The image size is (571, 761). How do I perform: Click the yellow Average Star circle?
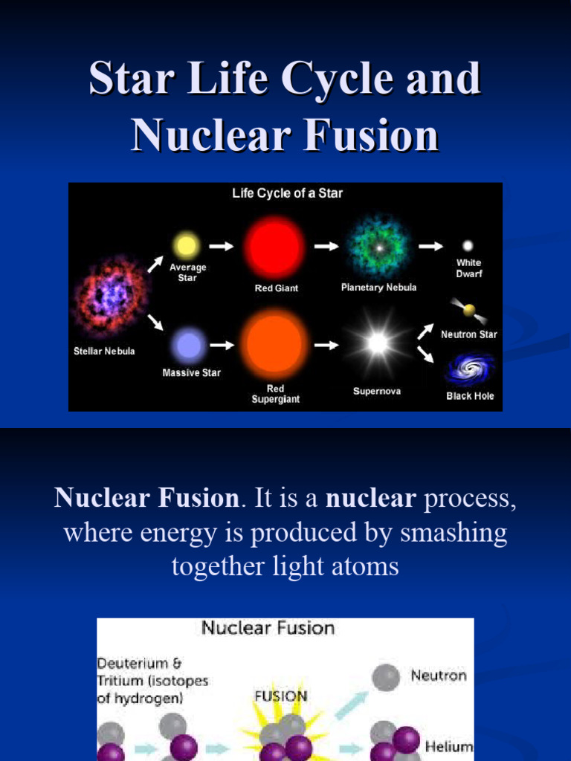pos(186,245)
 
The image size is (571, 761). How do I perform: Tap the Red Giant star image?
pos(275,247)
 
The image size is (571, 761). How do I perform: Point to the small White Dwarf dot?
pos(468,245)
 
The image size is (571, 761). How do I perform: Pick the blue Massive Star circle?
pos(189,345)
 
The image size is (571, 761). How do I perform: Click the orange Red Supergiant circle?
pos(276,344)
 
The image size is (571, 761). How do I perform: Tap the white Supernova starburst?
pos(378,343)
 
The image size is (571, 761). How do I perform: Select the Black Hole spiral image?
pos(469,370)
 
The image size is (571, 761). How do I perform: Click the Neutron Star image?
pos(468,309)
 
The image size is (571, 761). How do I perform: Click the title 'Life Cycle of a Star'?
pos(287,193)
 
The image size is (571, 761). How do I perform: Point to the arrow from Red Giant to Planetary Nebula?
pos(325,245)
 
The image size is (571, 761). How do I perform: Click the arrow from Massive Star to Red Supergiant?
pos(222,345)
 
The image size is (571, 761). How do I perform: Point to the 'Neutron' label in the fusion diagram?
pos(439,676)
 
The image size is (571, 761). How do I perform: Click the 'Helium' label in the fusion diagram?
pos(449,746)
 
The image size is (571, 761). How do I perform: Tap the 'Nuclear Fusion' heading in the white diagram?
pos(268,628)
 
